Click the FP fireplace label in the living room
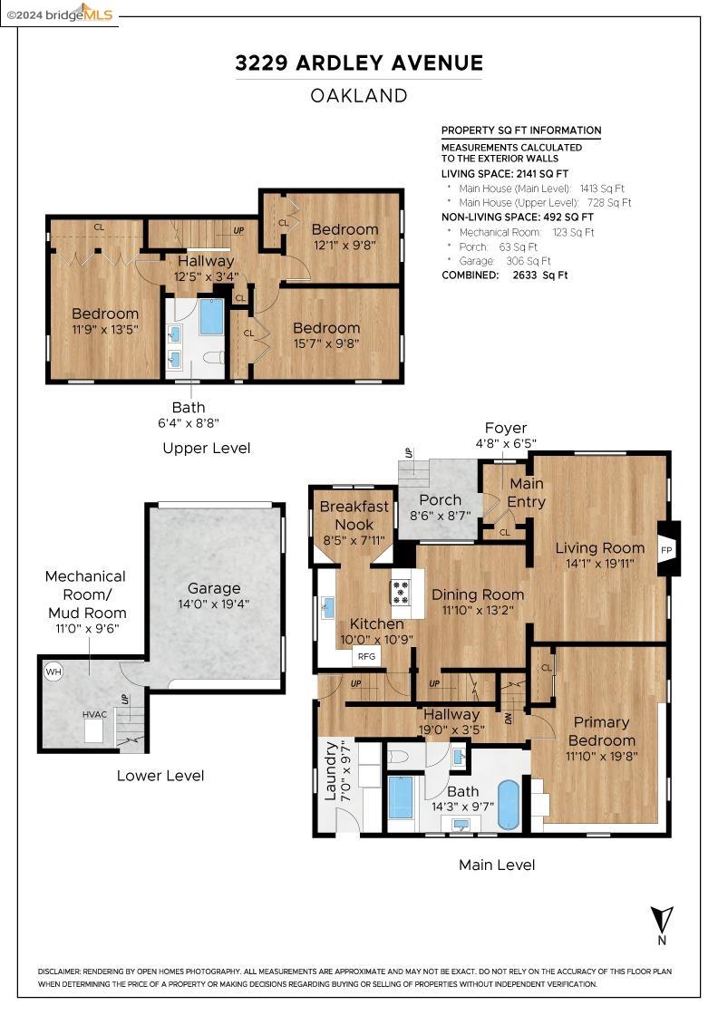666,550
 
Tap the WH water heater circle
53,672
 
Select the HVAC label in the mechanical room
94,714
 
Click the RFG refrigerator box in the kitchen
366,656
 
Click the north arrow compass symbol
662,925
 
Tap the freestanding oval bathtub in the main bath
509,805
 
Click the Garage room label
214,588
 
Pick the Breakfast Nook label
354,516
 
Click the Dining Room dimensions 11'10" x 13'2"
478,610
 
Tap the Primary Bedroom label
601,731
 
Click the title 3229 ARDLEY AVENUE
359,63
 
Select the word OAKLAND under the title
359,96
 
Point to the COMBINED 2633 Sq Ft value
539,275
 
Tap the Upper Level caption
207,448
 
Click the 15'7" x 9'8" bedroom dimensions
326,343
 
